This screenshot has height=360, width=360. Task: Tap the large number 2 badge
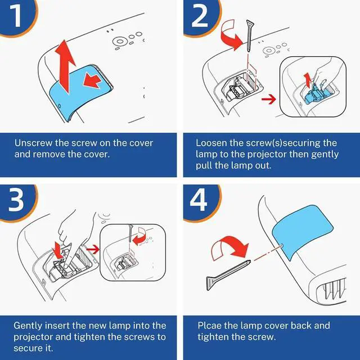click(x=199, y=16)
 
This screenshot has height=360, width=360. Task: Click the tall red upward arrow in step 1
click(x=65, y=66)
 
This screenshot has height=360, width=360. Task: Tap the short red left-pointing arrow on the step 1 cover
click(x=92, y=80)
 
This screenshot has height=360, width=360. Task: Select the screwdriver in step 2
click(x=249, y=35)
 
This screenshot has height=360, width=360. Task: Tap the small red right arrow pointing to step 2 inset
click(x=269, y=100)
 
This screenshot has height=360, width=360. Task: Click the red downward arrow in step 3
click(x=57, y=250)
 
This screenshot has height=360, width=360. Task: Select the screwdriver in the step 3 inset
click(x=130, y=233)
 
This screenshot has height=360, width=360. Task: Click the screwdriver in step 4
click(x=228, y=274)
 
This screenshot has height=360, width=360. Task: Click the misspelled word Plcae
click(x=210, y=326)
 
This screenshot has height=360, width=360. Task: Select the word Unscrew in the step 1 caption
click(x=33, y=143)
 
